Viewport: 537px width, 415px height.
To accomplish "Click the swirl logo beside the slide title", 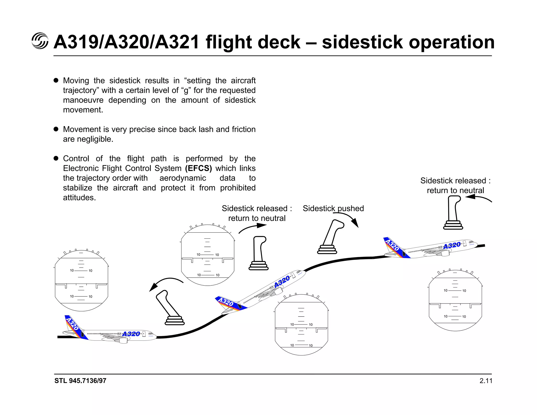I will pyautogui.click(x=40, y=41).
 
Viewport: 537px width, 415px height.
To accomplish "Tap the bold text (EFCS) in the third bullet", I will pyautogui.click(x=198, y=168).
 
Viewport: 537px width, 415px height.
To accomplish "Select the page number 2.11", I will pyautogui.click(x=486, y=381).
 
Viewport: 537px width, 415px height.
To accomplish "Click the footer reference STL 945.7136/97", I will pyautogui.click(x=80, y=381).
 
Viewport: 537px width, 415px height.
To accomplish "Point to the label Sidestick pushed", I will pyautogui.click(x=333, y=208).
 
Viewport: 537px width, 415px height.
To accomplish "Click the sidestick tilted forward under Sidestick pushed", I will pyautogui.click(x=330, y=237).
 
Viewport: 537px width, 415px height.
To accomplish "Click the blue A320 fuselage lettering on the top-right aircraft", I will pyautogui.click(x=452, y=246).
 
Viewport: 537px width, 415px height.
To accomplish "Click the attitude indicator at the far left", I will pyautogui.click(x=82, y=281).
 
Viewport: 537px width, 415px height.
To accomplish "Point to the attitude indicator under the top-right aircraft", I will pyautogui.click(x=455, y=300).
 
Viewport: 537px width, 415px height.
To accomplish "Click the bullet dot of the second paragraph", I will pyautogui.click(x=56, y=129).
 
